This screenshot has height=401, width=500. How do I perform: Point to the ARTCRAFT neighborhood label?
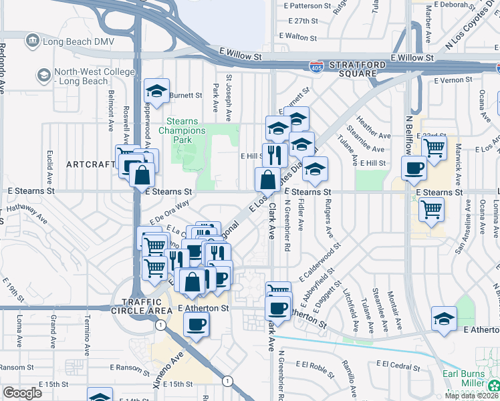click(x=91, y=164)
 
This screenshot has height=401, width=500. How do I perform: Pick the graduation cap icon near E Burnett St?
click(x=157, y=92)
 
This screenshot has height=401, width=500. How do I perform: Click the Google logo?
click(x=22, y=392)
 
